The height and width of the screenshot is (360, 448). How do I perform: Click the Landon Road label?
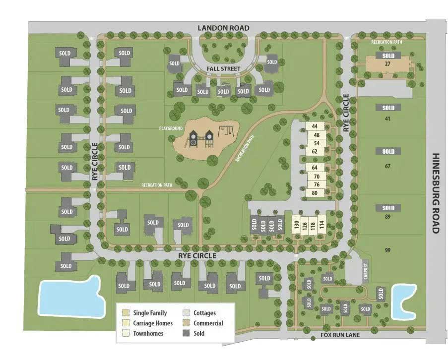223,28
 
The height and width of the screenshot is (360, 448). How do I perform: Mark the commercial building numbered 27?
388,64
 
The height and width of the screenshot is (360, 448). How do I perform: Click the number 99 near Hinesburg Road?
387,250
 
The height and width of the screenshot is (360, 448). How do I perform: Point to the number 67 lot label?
387,166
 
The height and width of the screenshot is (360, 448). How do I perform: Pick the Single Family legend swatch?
126,313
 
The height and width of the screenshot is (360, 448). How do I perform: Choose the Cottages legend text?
205,313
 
